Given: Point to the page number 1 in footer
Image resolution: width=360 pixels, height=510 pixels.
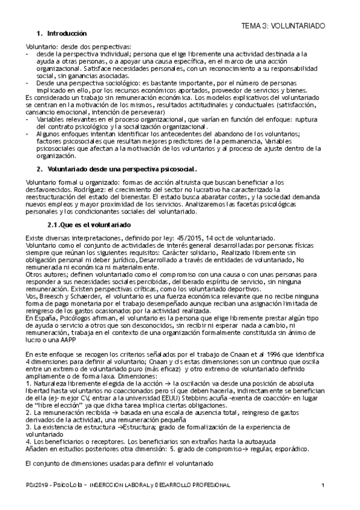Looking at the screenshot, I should [323, 485].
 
